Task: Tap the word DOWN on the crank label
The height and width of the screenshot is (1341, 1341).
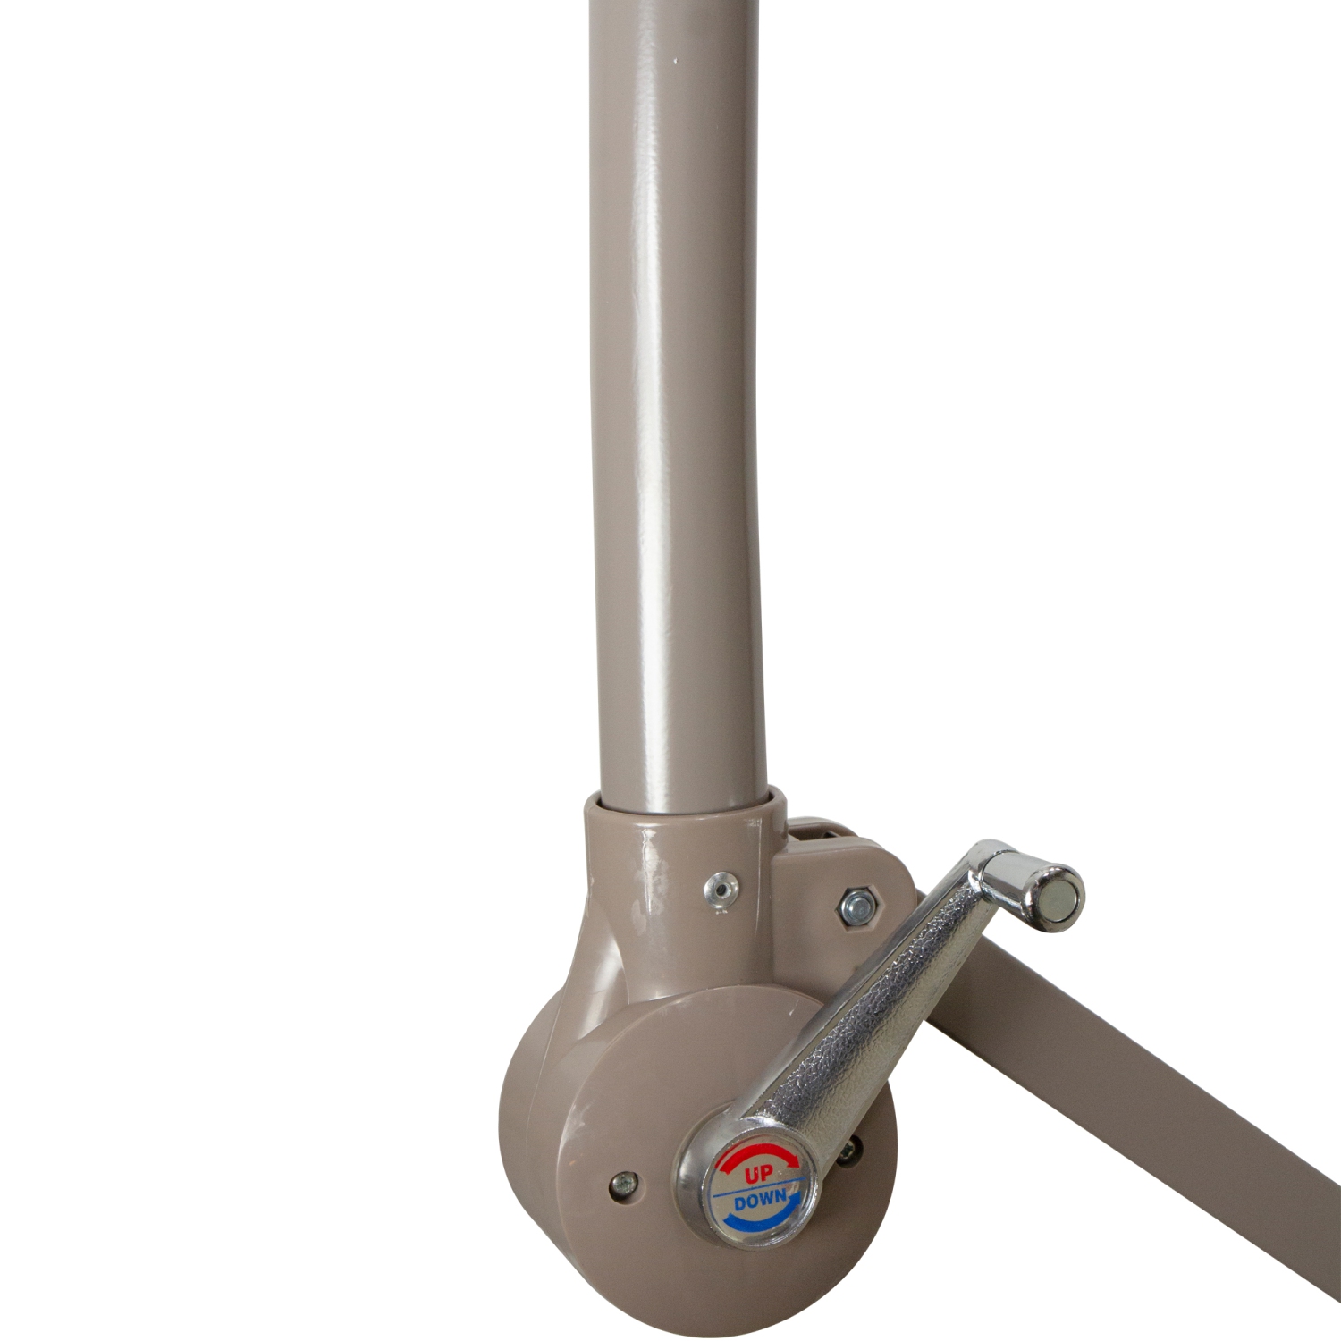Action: coord(760,1201)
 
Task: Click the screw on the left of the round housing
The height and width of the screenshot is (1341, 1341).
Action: coord(622,1187)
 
